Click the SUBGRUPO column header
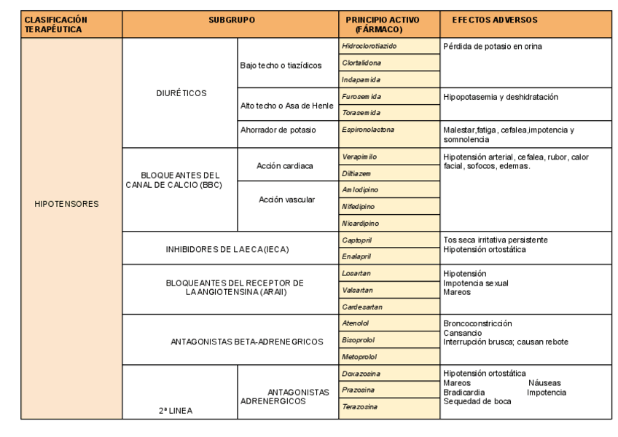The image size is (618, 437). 231,20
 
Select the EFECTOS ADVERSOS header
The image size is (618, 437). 494,20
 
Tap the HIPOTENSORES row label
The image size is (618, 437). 66,204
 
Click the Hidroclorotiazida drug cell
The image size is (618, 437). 369,46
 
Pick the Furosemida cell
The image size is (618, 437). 361,96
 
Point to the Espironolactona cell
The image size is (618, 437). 368,130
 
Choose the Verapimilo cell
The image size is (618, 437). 359,157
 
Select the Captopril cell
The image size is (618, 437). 357,240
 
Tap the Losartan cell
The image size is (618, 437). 356,273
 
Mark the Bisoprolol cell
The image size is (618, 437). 359,340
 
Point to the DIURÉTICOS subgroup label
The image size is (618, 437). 181,93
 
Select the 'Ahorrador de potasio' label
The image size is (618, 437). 278,130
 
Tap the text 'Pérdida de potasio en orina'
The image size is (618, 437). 493,47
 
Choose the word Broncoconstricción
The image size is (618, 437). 477,323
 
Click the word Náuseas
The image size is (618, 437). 544,383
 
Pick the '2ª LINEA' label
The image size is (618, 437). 176,411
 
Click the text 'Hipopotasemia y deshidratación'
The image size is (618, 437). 501,97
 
